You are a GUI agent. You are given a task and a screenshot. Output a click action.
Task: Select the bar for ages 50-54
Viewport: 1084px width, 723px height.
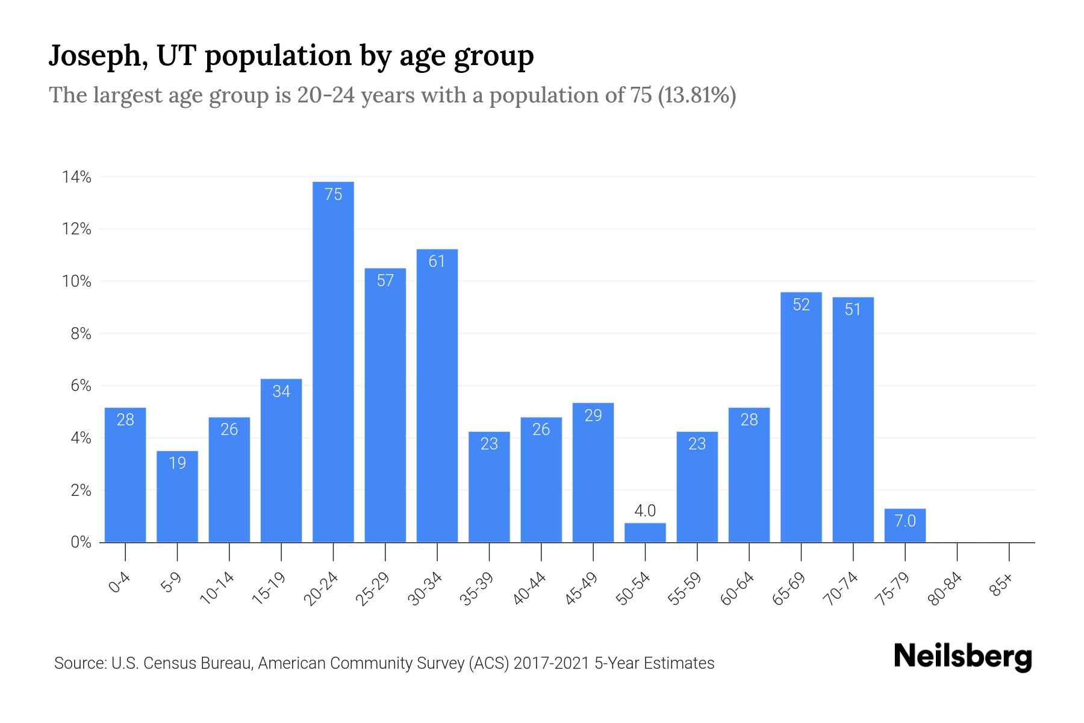tap(645, 533)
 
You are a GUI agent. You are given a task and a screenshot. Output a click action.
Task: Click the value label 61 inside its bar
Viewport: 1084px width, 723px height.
tap(437, 261)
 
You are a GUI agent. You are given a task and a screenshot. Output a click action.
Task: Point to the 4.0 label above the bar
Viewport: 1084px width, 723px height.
tap(645, 511)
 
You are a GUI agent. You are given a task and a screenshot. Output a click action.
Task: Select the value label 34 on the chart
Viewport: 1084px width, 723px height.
tap(281, 392)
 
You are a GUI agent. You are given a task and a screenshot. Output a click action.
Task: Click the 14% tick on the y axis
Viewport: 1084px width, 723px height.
tap(76, 177)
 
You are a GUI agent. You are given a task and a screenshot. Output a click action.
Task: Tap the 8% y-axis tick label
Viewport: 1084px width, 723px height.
tap(81, 334)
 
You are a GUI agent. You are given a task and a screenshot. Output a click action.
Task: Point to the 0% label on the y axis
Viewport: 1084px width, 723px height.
tap(81, 542)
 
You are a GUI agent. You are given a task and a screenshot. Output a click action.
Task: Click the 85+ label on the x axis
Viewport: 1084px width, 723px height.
tap(1001, 586)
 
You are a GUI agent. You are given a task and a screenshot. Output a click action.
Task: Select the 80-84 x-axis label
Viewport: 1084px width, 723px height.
tap(945, 589)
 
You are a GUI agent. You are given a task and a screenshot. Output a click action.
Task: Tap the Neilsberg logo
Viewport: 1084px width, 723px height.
tap(962, 657)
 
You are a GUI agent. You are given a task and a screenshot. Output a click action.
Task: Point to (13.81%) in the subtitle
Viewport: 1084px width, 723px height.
tap(696, 95)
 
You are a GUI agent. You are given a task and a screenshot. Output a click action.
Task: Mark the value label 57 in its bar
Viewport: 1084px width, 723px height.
tap(385, 280)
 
